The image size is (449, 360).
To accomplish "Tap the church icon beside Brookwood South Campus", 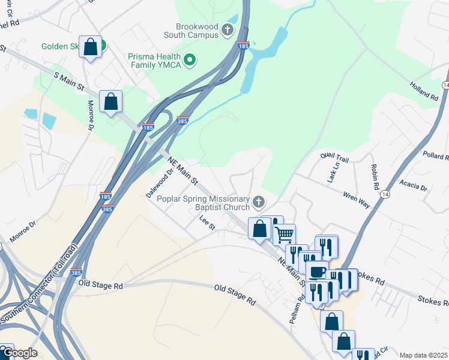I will click(x=228, y=29).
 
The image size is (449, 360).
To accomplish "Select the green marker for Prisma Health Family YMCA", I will click(x=190, y=59).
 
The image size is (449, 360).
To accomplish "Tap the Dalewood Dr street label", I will click(x=160, y=182).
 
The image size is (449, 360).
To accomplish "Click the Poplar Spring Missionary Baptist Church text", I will click(x=203, y=203).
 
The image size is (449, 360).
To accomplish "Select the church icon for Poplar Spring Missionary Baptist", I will click(x=259, y=201).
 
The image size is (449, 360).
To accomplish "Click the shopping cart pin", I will click(x=285, y=233).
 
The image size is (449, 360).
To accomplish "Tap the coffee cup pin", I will click(x=317, y=271).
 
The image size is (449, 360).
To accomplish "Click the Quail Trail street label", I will click(x=334, y=155).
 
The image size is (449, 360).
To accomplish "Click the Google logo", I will click(x=19, y=353).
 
